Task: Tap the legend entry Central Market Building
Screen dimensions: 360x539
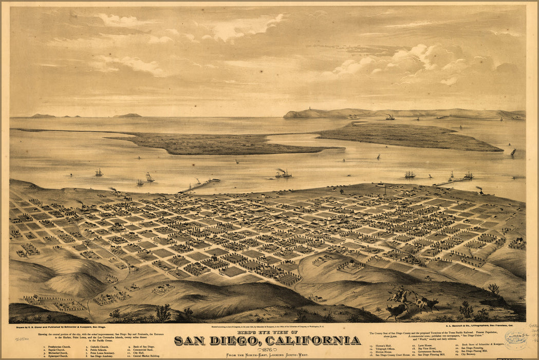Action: pos(146,356)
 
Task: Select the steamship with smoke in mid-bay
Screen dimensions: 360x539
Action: pos(283,174)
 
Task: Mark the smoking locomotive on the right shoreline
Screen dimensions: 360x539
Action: pos(480,190)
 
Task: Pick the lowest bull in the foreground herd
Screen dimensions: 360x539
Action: pos(395,311)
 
